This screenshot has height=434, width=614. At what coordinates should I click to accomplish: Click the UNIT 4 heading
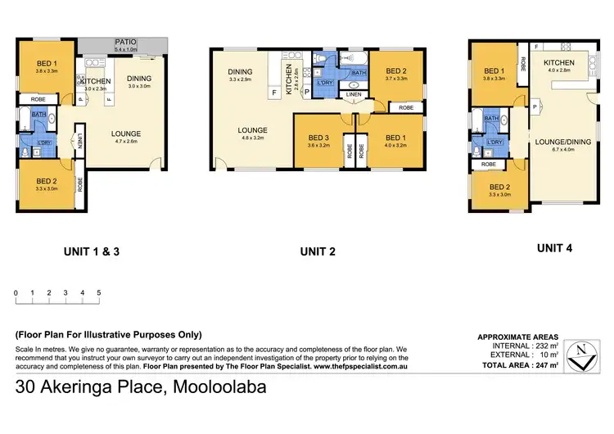coord(554,247)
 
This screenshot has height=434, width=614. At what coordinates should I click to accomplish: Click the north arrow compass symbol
coord(580,353)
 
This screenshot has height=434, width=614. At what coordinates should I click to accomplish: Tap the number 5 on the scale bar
coord(99,292)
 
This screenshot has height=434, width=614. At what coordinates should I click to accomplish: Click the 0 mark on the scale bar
coord(16,292)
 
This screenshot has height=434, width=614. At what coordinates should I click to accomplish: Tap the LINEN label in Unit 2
coord(354,95)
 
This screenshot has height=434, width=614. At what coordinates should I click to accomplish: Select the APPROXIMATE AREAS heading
coord(517,337)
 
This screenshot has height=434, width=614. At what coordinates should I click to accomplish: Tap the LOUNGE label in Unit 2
coord(252,130)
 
